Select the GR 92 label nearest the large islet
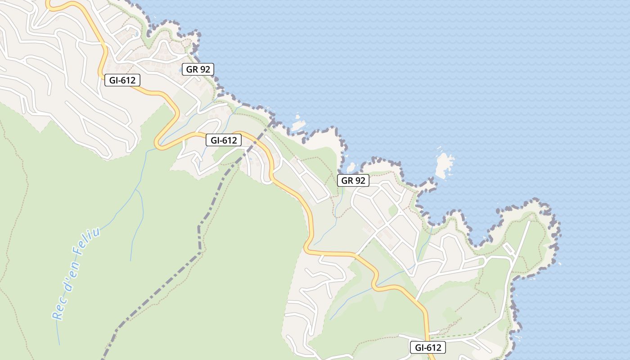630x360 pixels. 353,181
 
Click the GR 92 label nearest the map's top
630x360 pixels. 198,69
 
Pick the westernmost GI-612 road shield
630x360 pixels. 122,81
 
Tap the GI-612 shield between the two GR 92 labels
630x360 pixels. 224,140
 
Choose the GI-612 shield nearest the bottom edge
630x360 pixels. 427,347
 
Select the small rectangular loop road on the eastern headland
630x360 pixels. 509,248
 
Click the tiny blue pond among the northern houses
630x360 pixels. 135,34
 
